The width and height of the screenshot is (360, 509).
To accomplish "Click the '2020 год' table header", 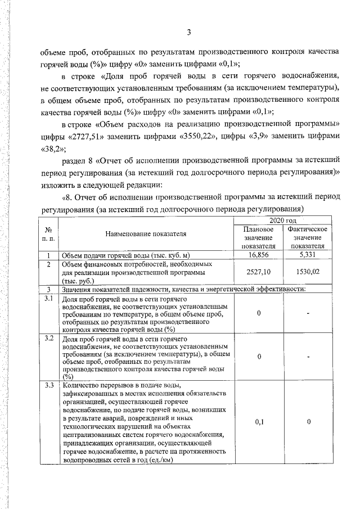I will click(x=283, y=221).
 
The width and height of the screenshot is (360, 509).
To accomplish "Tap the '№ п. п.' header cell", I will click(x=48, y=234).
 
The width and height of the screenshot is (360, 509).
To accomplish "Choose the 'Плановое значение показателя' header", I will click(x=258, y=237).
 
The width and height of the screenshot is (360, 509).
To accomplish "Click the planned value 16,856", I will click(x=258, y=255).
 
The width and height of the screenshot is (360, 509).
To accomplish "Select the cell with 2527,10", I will click(x=258, y=271).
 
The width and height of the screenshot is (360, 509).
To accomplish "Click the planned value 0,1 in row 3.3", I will click(x=258, y=421).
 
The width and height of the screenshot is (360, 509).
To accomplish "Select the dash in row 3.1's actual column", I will click(x=308, y=313).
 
